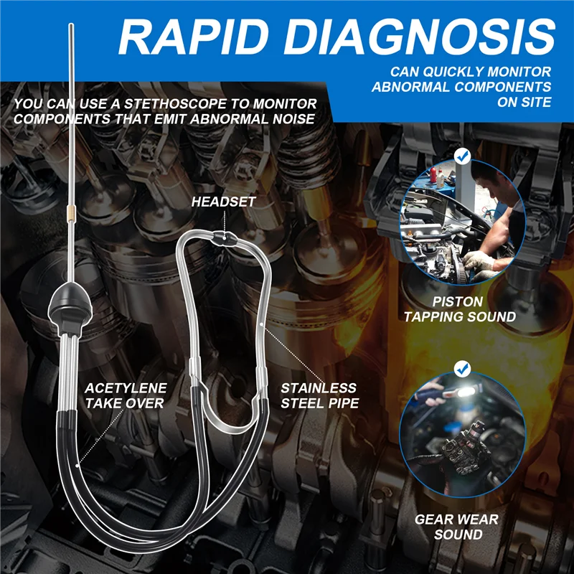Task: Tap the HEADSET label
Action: [x=223, y=202]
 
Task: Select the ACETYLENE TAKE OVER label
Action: [x=126, y=395]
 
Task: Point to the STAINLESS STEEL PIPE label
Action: [x=319, y=395]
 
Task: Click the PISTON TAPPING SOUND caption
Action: [x=460, y=309]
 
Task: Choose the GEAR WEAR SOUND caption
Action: [x=456, y=527]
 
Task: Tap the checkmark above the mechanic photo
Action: [x=462, y=156]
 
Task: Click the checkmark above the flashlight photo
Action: [x=462, y=369]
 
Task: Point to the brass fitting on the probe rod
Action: [x=71, y=212]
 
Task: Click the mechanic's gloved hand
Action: [x=479, y=261]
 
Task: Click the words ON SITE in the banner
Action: [x=524, y=102]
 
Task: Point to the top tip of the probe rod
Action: [x=71, y=24]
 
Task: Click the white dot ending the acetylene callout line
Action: [x=77, y=466]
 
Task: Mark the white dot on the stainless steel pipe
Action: [x=261, y=324]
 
